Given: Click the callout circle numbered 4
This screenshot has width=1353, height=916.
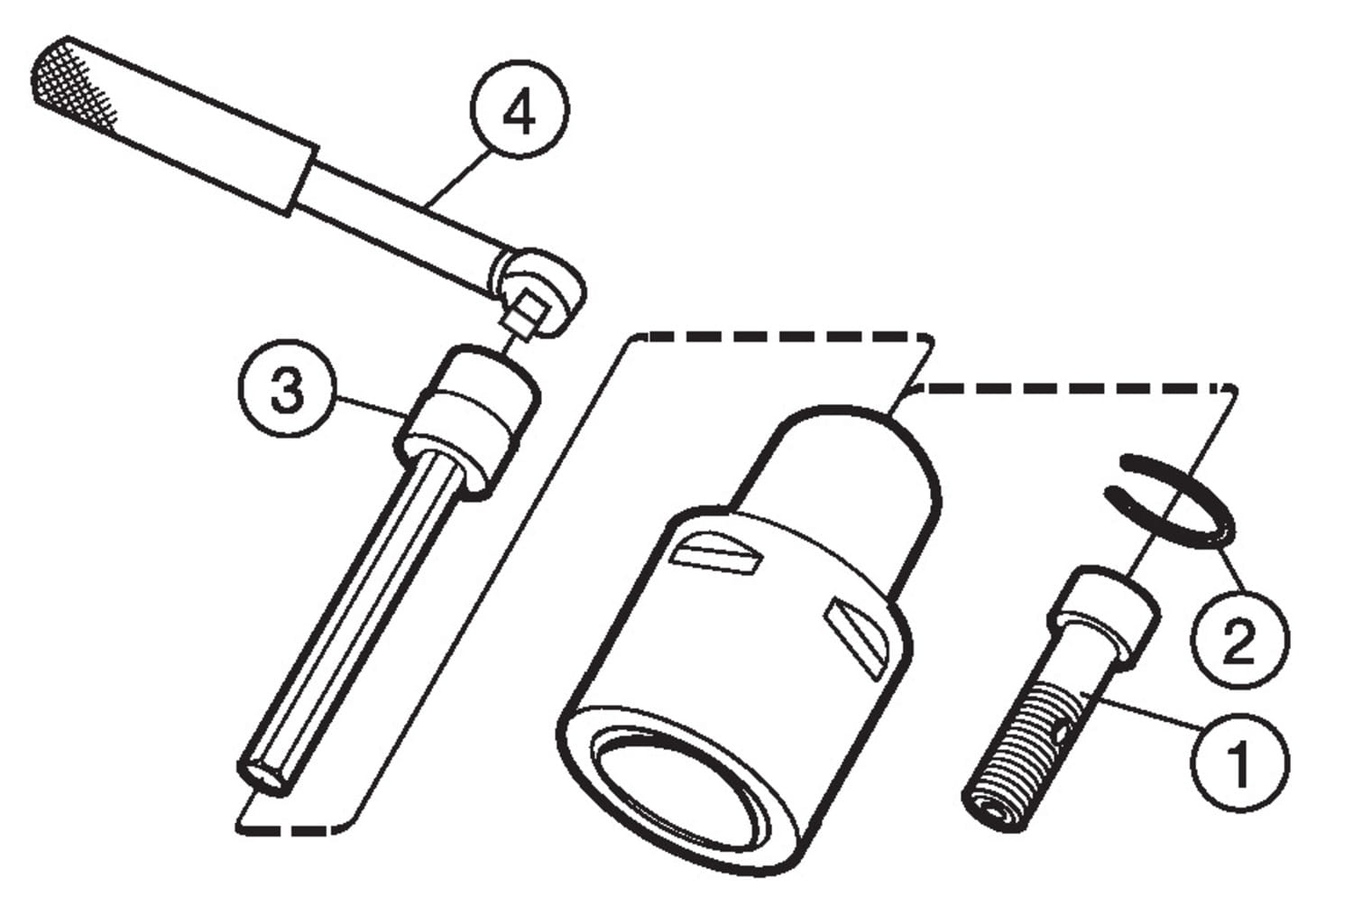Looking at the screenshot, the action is click(519, 109).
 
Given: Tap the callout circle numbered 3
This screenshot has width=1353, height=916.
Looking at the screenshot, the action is click(287, 389).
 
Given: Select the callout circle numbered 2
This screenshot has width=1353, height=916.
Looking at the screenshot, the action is click(1240, 639).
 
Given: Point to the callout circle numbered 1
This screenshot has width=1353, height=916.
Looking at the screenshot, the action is click(1240, 763).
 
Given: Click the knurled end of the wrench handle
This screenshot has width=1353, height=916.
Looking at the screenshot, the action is click(72, 85).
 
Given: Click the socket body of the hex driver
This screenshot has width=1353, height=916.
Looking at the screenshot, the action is click(468, 423).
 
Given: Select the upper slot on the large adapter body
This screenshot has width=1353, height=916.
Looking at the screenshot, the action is click(716, 553).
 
